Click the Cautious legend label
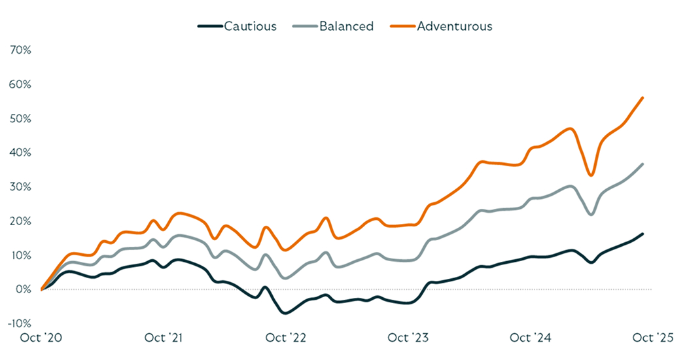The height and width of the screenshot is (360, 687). [x=250, y=27]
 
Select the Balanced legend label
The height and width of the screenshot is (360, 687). [x=346, y=27]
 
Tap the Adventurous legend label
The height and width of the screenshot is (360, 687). [x=454, y=27]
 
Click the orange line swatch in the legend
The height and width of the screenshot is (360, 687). [x=403, y=27]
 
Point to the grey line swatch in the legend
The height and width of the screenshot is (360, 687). [x=306, y=27]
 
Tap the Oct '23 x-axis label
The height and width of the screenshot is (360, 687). [x=408, y=338]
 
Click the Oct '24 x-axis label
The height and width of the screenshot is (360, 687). [x=531, y=338]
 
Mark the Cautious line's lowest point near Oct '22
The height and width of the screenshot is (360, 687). [x=285, y=313]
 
